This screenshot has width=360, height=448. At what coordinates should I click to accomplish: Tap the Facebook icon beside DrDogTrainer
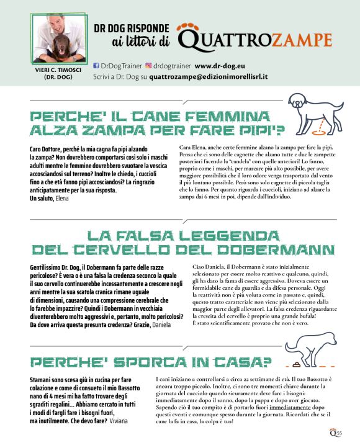coord(96,65)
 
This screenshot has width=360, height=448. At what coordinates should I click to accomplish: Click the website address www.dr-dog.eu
coord(220,65)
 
